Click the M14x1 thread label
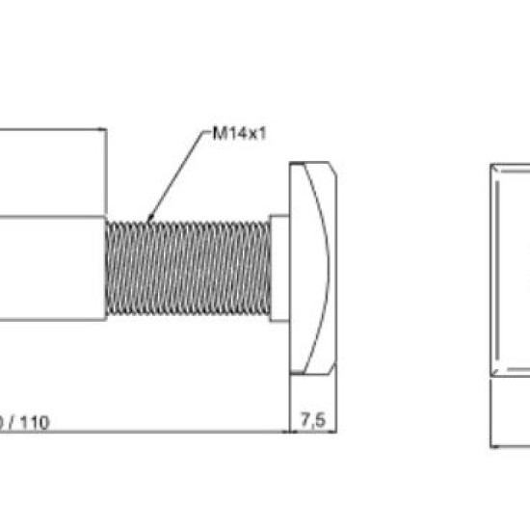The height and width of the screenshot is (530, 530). pos(240,134)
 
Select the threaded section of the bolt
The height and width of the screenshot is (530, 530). pos(188,269)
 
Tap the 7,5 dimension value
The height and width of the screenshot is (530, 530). pos(313,420)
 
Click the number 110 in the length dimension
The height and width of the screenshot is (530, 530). pos(35,422)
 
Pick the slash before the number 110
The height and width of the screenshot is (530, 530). pos(12,422)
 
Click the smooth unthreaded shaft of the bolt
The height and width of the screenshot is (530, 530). pos(52,269)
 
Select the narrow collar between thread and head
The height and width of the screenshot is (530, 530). pos(279,269)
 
